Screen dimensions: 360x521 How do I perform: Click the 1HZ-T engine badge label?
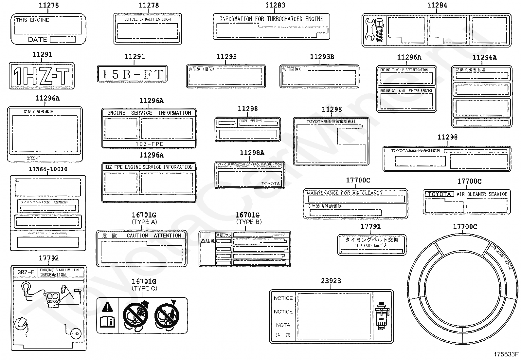pyautogui.click(x=42, y=76)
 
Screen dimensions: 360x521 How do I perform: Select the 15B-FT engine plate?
pyautogui.click(x=132, y=74)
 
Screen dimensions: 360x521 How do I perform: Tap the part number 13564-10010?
pyautogui.click(x=48, y=169)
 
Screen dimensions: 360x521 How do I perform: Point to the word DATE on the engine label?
pyautogui.click(x=38, y=40)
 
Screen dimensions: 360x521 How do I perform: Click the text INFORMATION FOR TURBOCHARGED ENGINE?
pyautogui.click(x=271, y=19)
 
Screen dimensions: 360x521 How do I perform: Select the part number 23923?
pyautogui.click(x=331, y=281)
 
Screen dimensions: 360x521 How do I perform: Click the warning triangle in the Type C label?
pyautogui.click(x=107, y=307)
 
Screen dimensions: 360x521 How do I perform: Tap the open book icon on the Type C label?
pyautogui.click(x=107, y=322)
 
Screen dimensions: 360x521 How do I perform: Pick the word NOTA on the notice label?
pyautogui.click(x=283, y=325)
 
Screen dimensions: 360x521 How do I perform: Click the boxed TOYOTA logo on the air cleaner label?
pyautogui.click(x=440, y=194)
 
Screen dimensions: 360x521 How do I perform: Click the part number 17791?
pyautogui.click(x=371, y=226)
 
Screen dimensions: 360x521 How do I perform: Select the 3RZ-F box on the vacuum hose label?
pyautogui.click(x=26, y=272)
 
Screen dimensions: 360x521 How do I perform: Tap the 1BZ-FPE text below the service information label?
pyautogui.click(x=149, y=144)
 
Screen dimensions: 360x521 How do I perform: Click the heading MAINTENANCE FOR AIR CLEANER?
pyautogui.click(x=345, y=193)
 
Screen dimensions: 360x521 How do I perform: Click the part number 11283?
pyautogui.click(x=275, y=5)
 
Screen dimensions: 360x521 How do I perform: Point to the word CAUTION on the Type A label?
pyautogui.click(x=137, y=236)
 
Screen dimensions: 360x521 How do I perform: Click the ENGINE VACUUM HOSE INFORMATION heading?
pyautogui.click(x=61, y=272)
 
